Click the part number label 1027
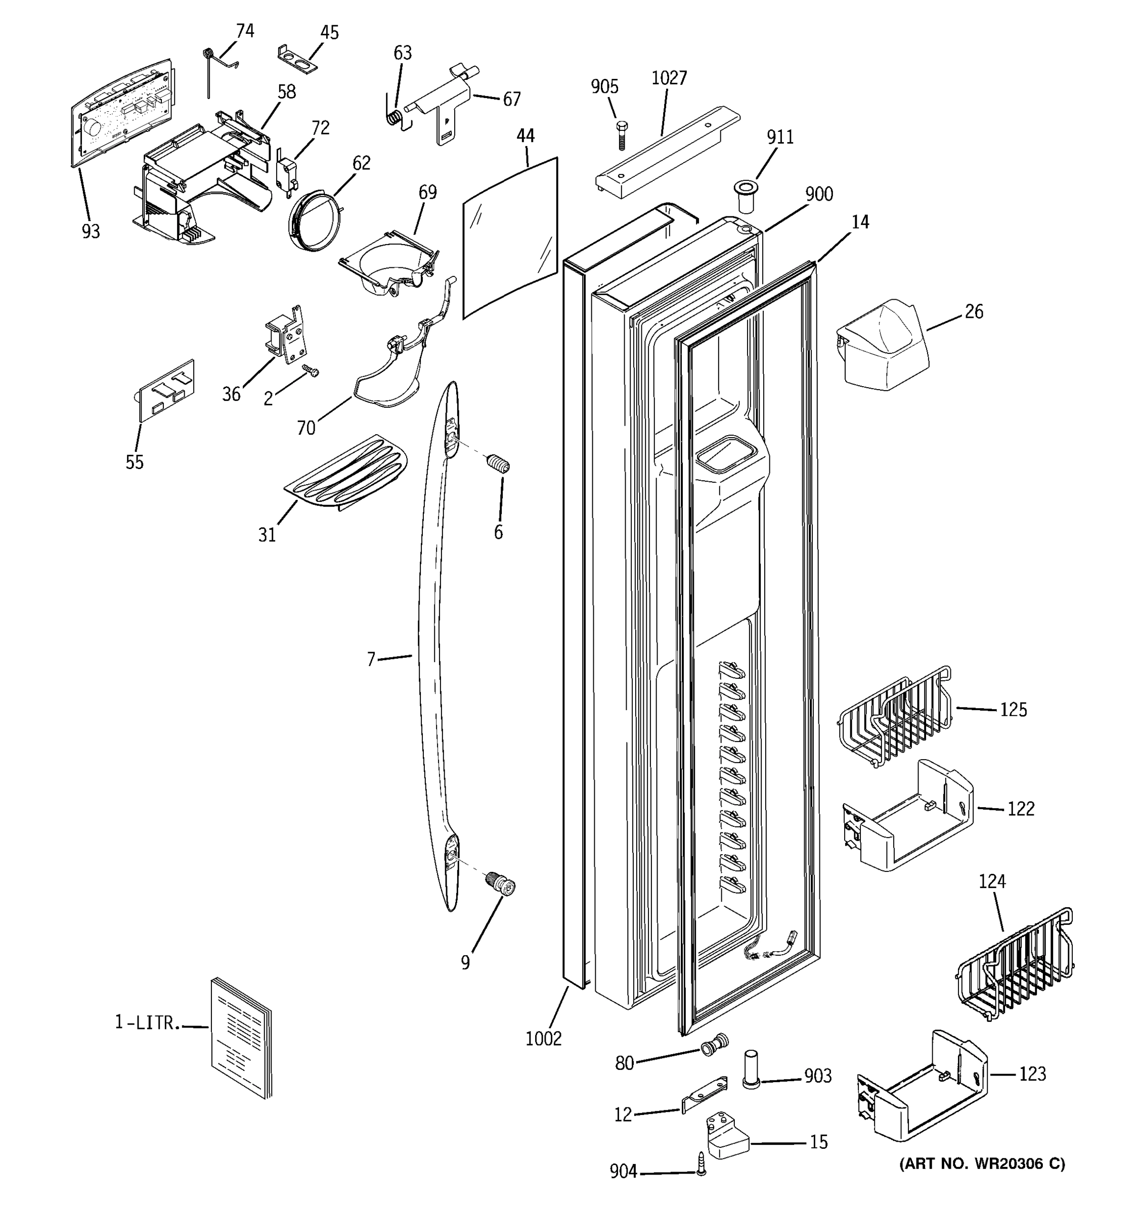[669, 78]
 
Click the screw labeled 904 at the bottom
[702, 1163]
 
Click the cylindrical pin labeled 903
[751, 1069]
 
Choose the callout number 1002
[543, 1038]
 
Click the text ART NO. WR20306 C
[982, 1163]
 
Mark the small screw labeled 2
[312, 370]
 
